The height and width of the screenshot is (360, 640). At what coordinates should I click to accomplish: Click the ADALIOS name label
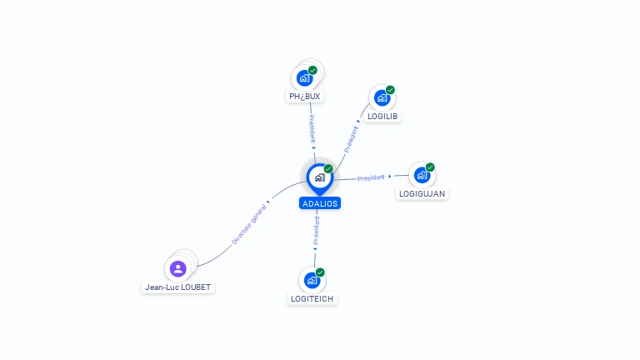320,203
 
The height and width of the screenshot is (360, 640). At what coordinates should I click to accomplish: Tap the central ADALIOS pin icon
319,177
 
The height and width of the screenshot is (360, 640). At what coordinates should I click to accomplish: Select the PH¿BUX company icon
305,77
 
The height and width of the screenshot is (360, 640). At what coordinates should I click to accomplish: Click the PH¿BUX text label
305,97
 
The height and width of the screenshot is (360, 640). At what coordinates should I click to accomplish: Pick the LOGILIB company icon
382,97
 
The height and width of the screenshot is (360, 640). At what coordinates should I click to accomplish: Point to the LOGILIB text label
382,116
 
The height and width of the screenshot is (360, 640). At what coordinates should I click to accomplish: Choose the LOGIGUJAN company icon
422,175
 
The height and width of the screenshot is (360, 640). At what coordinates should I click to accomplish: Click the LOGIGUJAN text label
422,193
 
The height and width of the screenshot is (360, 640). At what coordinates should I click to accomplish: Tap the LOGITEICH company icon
312,280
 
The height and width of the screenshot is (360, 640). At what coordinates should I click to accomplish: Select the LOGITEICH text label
313,298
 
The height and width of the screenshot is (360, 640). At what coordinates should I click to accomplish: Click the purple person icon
177,268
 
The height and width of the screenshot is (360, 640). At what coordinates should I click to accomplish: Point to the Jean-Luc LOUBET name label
178,287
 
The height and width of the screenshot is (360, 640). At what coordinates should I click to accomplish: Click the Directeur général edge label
250,223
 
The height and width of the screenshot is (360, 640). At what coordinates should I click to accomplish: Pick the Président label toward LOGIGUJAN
371,177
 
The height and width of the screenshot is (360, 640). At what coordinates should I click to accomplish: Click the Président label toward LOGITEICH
316,231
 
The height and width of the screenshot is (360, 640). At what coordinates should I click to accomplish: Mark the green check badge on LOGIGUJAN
430,167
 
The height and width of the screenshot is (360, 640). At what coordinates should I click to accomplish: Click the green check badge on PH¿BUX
312,70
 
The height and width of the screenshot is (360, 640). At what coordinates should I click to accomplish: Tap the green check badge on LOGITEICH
320,272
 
